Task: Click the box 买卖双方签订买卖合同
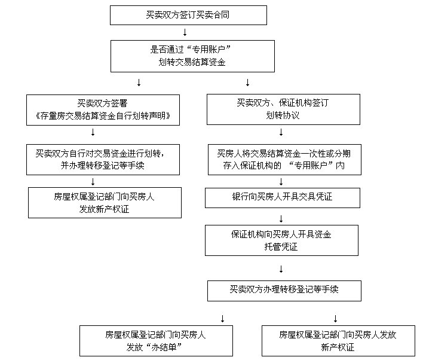pos(188,15)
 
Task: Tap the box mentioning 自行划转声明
pos(103,110)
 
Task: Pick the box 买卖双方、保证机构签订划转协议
pos(283,109)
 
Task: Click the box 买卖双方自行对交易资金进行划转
pos(103,160)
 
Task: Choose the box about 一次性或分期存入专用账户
pos(284,160)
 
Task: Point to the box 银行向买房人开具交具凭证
pos(283,197)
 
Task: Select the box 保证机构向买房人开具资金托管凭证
pos(281,240)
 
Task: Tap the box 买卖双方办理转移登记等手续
pos(284,291)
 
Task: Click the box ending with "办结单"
pos(157,340)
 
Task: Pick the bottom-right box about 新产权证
pos(338,340)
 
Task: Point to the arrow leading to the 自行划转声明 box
pos(139,83)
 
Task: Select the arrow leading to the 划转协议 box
pos(247,83)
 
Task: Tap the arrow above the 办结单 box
pos(222,318)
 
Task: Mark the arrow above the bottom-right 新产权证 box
pos(336,318)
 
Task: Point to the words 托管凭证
pos(281,246)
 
